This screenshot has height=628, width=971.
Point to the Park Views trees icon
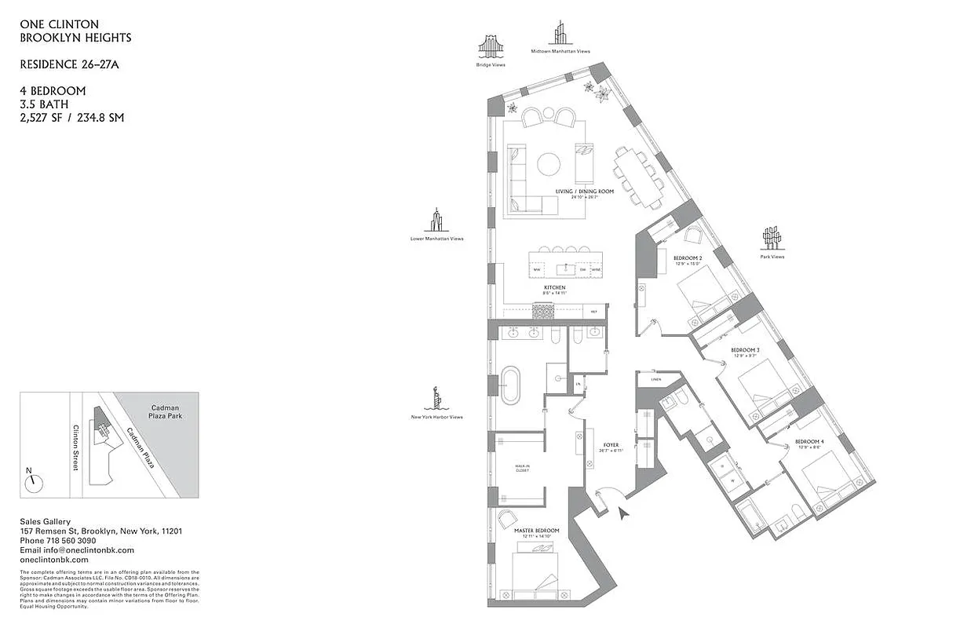[772, 238]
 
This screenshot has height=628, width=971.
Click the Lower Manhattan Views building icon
[436, 221]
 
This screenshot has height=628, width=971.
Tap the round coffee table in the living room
[549, 164]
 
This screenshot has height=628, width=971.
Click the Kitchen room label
[555, 287]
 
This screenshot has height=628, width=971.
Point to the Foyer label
[611, 445]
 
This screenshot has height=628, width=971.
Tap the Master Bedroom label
[537, 531]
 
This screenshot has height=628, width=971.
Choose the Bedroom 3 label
[745, 349]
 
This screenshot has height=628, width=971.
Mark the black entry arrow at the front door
[624, 514]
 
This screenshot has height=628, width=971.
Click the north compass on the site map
[33, 482]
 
